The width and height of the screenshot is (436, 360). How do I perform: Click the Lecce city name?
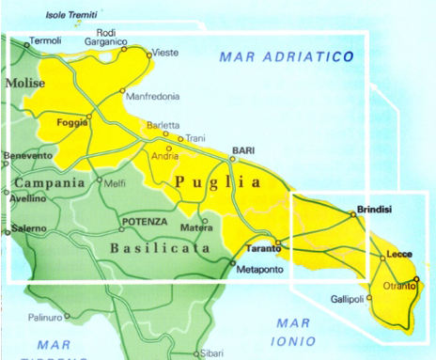[399, 255]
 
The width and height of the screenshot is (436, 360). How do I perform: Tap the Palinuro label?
[44, 317]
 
